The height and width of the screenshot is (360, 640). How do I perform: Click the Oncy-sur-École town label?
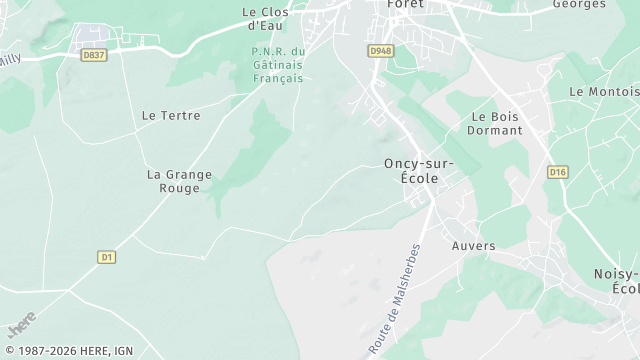(418, 171)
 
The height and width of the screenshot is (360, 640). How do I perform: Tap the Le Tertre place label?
(171, 116)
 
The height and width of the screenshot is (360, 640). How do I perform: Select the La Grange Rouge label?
(179, 181)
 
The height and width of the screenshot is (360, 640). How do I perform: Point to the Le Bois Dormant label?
(495, 123)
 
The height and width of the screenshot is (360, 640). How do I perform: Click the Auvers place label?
(473, 246)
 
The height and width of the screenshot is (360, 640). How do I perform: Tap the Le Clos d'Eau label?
(264, 18)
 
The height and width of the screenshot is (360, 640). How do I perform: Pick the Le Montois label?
(603, 91)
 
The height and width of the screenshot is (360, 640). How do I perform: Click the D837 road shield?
(94, 55)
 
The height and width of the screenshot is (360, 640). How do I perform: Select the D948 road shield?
(380, 50)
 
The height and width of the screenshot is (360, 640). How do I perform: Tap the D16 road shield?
(558, 172)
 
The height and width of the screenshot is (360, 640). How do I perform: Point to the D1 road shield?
(107, 257)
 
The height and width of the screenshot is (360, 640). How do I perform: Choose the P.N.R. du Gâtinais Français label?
(277, 65)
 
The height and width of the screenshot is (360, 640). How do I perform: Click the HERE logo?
(21, 325)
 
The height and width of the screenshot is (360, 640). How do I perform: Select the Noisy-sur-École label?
(617, 281)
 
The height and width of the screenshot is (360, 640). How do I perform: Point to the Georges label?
(579, 4)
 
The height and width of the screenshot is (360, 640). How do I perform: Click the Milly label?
(10, 59)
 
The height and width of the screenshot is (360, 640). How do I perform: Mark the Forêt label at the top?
(406, 4)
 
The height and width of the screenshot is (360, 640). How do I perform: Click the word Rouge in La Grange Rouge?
(180, 188)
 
